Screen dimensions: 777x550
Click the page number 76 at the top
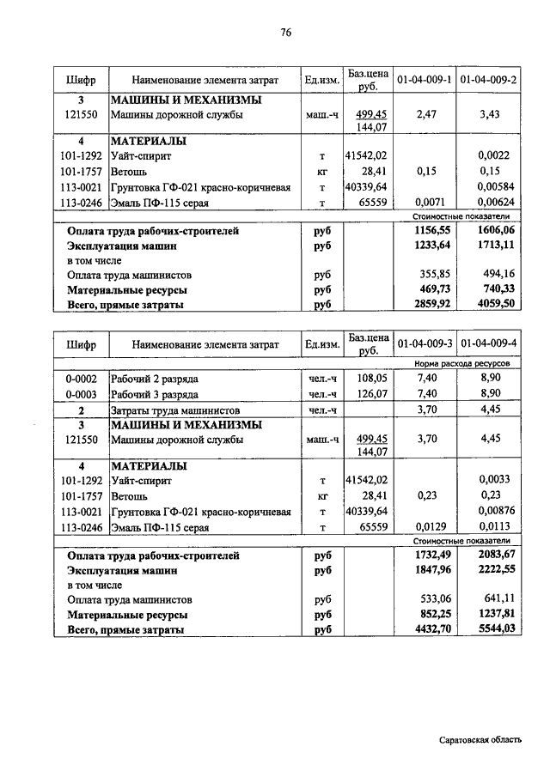(x=286, y=33)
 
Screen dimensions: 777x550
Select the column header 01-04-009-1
(x=425, y=80)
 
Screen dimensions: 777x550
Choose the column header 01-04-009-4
(x=488, y=343)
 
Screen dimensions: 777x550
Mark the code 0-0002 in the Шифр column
(x=82, y=379)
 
